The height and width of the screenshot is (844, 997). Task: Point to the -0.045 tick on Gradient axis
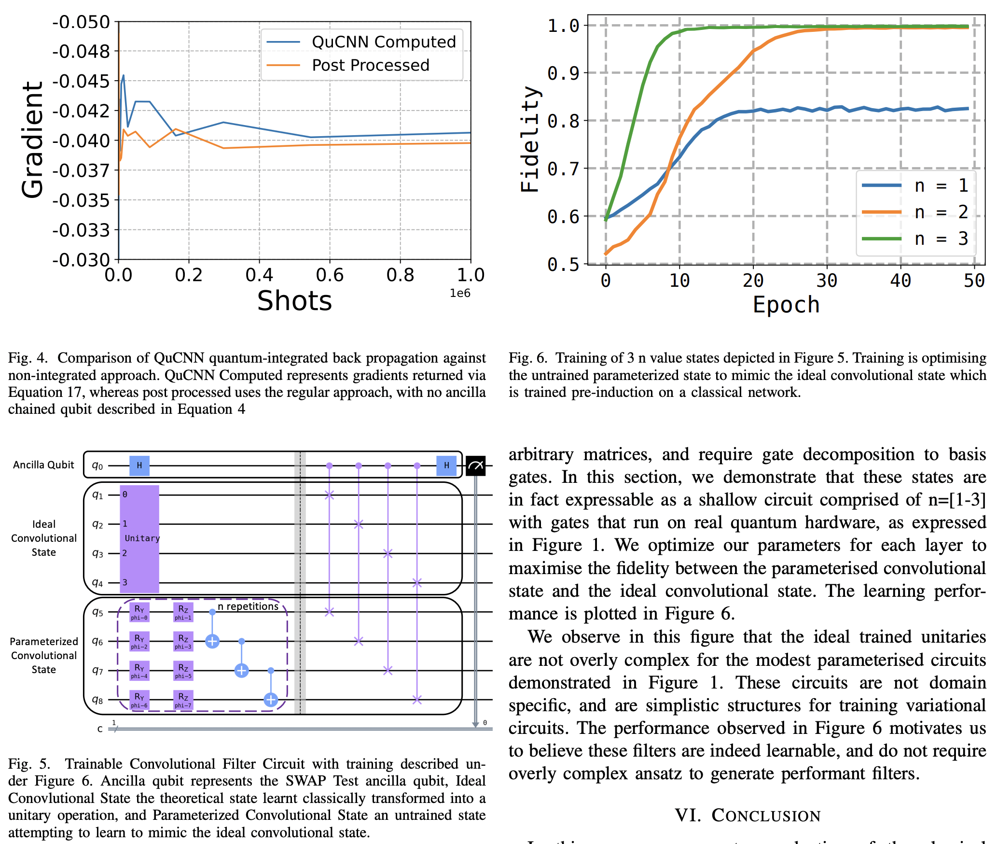tap(81, 81)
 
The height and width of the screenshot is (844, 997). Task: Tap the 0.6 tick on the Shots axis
tap(330, 275)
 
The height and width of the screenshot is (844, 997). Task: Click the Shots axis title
tap(294, 301)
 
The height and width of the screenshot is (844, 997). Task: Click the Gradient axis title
tap(33, 140)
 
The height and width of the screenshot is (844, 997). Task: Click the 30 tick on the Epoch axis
tap(827, 281)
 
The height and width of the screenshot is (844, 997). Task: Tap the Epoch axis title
tap(786, 305)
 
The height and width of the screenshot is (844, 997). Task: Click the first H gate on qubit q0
tap(139, 465)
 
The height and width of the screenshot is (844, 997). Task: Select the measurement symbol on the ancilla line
tap(475, 465)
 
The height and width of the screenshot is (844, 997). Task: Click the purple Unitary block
tap(139, 538)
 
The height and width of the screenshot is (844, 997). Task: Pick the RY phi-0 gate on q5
tap(139, 612)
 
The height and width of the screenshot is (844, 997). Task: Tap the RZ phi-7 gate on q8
tap(183, 699)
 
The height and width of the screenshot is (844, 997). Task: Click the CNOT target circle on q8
tap(271, 699)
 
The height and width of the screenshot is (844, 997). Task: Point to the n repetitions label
tap(248, 606)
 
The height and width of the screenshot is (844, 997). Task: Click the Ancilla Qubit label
tap(43, 465)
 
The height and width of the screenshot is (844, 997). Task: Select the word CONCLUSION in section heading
tap(766, 816)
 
